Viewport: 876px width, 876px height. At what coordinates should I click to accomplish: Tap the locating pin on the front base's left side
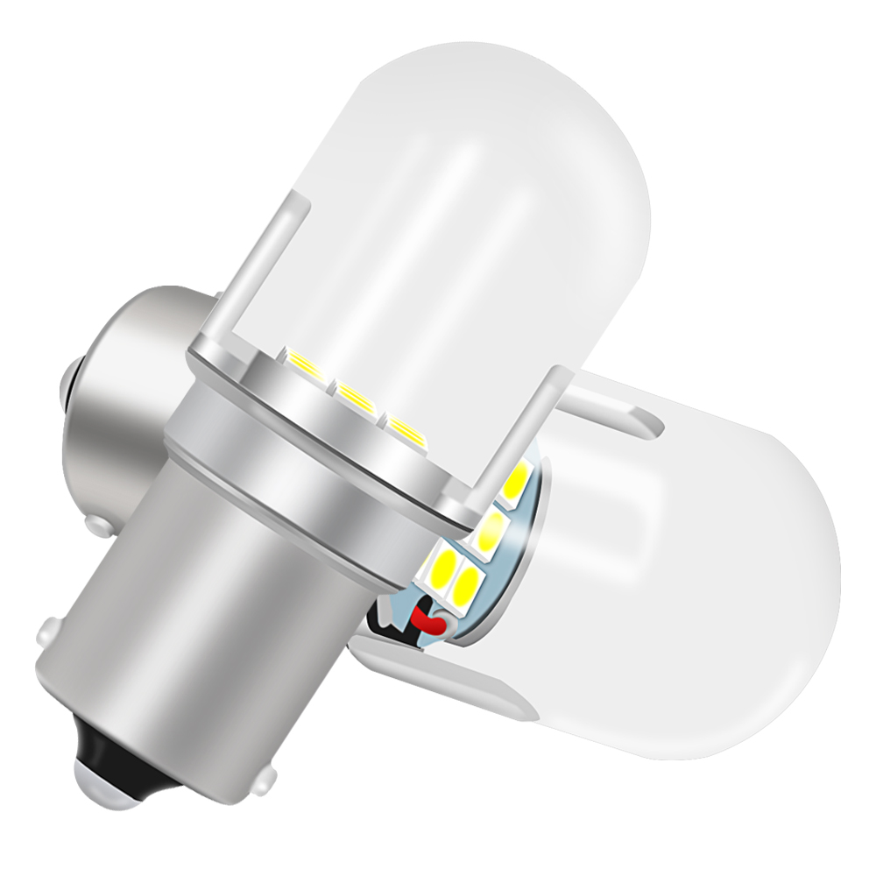tap(48, 630)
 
